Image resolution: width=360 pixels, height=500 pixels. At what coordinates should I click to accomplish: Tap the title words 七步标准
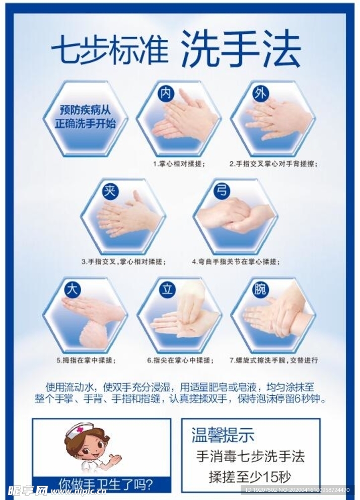(x=109, y=50)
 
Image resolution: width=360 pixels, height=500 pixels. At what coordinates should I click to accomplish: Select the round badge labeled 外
(x=260, y=93)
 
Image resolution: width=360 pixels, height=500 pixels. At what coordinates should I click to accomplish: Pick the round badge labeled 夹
(x=109, y=191)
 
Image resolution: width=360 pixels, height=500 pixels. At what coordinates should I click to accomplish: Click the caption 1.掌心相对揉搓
(x=179, y=164)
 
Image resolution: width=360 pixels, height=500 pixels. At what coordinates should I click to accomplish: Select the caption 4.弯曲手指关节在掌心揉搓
(x=236, y=262)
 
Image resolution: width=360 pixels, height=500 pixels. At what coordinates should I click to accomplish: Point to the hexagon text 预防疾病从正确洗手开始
(x=85, y=116)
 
